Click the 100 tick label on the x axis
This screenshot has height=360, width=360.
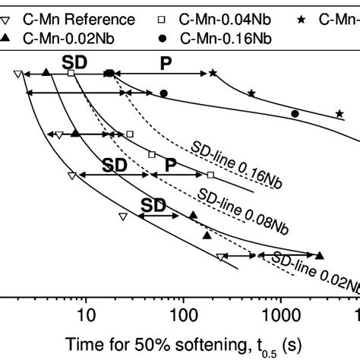click(182, 314)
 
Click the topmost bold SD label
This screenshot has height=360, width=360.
click(73, 60)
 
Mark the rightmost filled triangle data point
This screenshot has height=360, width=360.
click(319, 255)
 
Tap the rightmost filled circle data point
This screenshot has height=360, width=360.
click(295, 114)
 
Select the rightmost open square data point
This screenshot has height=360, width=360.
click(210, 175)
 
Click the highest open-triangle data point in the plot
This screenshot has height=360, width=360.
click(17, 74)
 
